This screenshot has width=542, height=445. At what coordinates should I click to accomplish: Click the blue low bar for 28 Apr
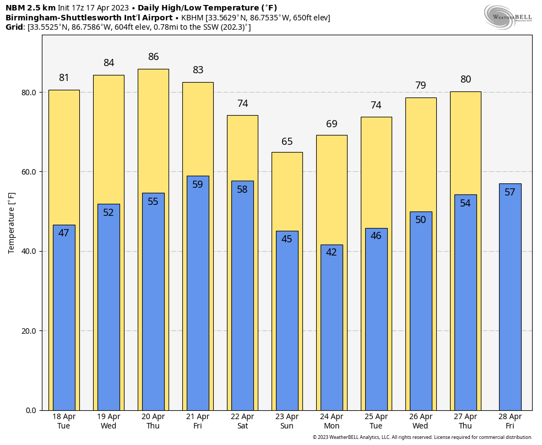pos(510,297)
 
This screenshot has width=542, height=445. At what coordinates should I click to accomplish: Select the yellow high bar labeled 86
pos(154,240)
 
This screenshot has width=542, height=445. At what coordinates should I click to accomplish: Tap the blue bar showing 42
pos(332,328)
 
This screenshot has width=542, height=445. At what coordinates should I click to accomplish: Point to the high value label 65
pos(287,142)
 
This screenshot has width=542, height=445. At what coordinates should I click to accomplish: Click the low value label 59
pos(198,184)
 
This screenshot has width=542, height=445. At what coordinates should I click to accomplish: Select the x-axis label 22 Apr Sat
pos(243,421)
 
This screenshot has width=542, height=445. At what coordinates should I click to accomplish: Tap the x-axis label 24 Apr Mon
pos(332,421)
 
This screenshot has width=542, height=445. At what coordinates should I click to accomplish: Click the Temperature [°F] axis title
pos(11,223)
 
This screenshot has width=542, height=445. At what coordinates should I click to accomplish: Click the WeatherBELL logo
pos(508,17)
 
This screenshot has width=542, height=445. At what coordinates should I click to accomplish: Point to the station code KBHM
pos(192,18)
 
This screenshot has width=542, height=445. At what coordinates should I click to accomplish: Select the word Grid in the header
pos(14,27)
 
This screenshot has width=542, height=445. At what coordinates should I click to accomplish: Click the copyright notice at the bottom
pos(422,437)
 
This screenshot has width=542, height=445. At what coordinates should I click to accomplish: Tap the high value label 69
pos(332,124)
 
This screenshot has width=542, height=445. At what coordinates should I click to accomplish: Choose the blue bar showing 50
pos(421,311)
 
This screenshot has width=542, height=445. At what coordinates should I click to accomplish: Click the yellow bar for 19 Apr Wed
pos(109,243)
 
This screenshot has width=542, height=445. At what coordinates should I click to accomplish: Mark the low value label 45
pos(287,238)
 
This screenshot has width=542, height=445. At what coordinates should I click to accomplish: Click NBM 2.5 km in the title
pos(30,8)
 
